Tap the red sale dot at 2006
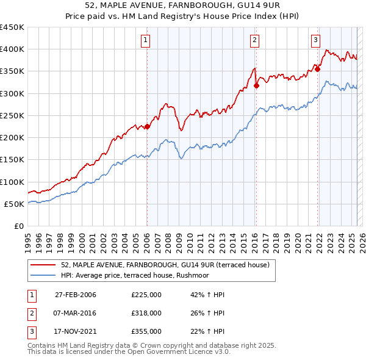click(147, 127)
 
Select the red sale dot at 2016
click(256, 86)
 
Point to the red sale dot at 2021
click(318, 70)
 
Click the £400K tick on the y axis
click(12, 49)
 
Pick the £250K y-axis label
click(12, 115)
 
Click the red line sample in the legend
click(44, 264)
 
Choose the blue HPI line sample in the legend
click(44, 275)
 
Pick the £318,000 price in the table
click(146, 313)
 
